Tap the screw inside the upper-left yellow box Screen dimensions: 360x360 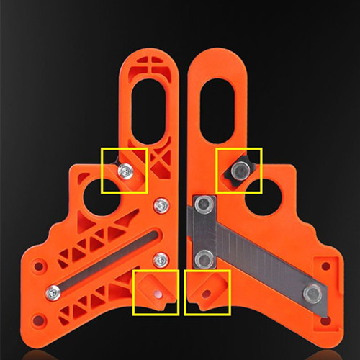(127, 170)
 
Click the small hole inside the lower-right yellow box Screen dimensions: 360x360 (206, 294)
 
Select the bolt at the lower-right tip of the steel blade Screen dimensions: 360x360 (312, 292)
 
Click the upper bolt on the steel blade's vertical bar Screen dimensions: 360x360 (204, 205)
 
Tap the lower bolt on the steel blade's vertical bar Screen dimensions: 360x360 (204, 257)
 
